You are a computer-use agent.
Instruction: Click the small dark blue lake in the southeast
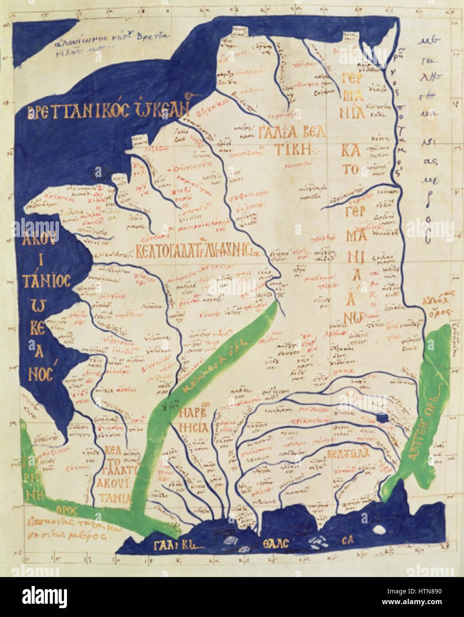pos(381,417)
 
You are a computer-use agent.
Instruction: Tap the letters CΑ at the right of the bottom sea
pos(347,541)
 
